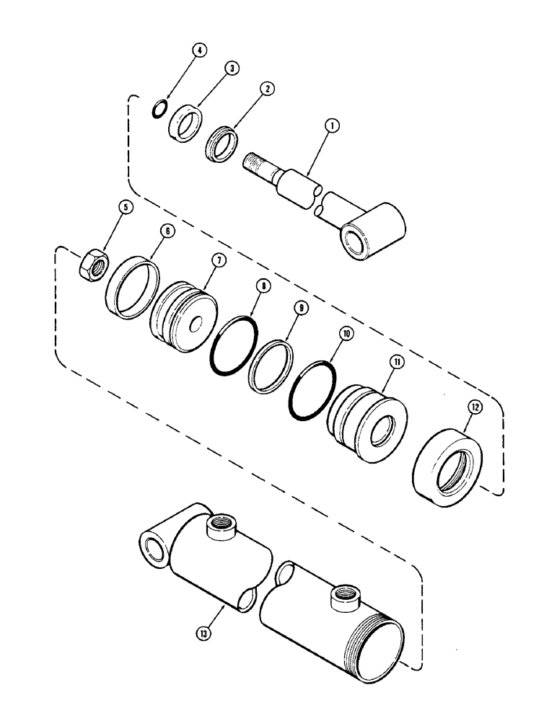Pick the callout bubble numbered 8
coord(264,286)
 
